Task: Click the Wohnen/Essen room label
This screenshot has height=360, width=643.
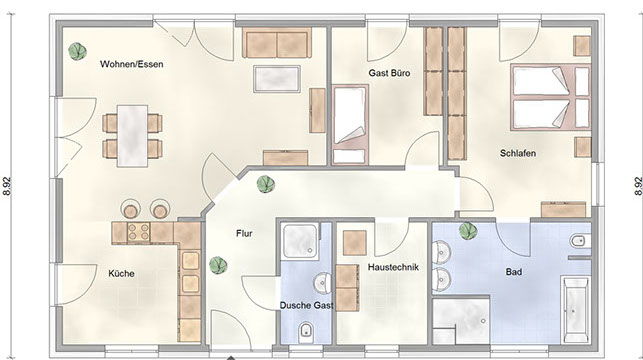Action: point(132,64)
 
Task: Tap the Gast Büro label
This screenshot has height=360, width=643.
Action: point(389,73)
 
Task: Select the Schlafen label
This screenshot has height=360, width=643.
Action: point(518,153)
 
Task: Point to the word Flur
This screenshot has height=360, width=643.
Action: point(244,234)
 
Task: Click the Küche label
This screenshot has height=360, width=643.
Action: point(121,273)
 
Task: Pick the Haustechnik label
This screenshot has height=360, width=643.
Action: point(393,267)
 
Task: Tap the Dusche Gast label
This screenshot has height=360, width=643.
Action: point(306,305)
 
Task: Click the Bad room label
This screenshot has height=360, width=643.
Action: point(513,272)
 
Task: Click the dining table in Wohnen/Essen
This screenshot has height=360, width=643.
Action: point(132,136)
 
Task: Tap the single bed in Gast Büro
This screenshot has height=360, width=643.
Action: point(350,125)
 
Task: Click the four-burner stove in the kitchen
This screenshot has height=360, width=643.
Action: point(139,233)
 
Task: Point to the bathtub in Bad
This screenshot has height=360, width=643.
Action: point(576,310)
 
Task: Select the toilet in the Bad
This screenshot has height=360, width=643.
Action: point(580,241)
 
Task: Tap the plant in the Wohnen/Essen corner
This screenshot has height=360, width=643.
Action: point(77,51)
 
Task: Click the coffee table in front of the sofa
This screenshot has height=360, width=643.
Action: point(277,79)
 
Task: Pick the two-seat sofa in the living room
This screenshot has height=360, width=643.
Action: point(277,43)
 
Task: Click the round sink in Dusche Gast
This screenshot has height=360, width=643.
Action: point(322,283)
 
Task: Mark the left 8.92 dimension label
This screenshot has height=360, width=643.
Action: point(7,186)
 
